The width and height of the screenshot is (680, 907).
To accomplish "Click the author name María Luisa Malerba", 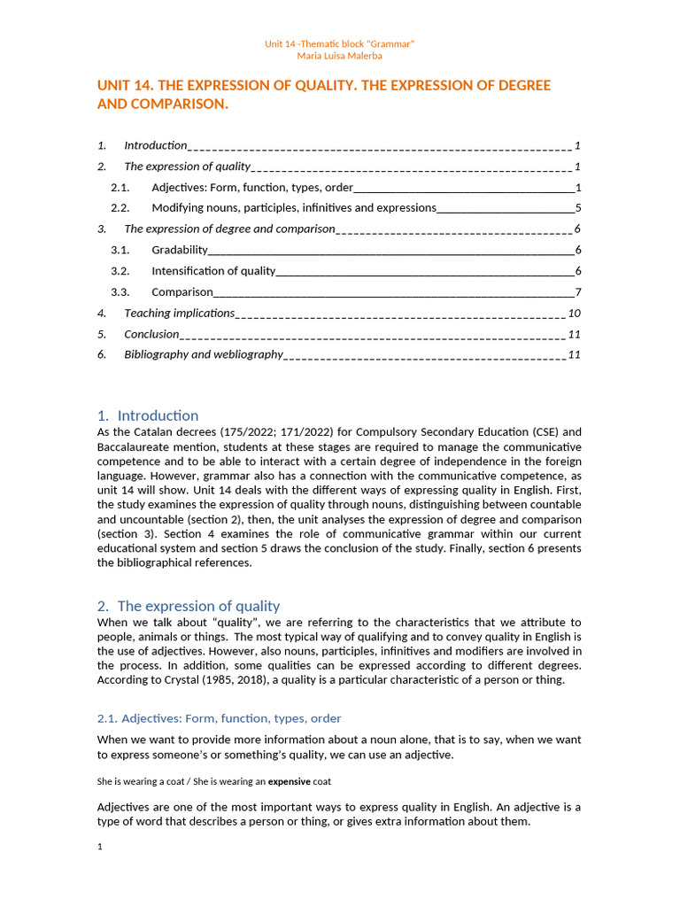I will tap(340, 56).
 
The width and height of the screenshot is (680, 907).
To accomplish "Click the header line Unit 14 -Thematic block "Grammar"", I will tap(340, 43).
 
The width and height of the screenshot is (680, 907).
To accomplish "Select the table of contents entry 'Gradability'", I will tap(180, 250).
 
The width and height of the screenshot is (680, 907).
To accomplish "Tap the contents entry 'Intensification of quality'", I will tap(213, 271).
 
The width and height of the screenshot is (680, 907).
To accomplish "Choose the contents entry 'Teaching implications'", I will tap(179, 313).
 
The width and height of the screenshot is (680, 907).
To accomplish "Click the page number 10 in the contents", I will tap(574, 313).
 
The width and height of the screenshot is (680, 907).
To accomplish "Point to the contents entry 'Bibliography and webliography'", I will tap(203, 354).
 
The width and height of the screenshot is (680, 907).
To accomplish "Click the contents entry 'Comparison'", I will tap(182, 291).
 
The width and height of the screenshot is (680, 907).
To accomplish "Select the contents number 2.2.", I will tap(120, 208).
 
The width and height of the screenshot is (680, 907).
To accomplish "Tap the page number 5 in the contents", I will tap(577, 208).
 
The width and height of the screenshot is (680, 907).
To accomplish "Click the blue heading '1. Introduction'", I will tap(148, 415).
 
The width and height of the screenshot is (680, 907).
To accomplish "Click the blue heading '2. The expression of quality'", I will tap(188, 606).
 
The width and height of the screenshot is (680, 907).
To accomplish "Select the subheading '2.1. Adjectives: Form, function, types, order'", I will tap(219, 718).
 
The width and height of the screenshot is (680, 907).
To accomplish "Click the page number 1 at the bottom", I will tap(100, 847).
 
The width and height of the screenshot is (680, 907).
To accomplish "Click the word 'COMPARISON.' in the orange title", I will tap(162, 105).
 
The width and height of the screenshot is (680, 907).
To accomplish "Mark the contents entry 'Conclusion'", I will tap(151, 334).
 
